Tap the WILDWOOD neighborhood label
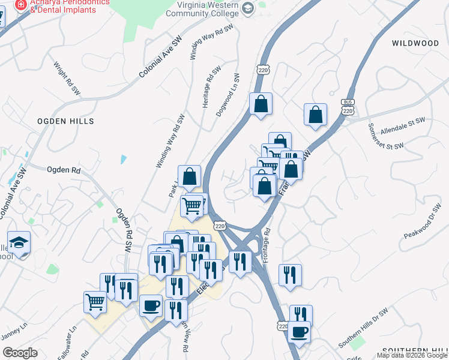click(x=415, y=43)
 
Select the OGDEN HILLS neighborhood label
click(x=65, y=121)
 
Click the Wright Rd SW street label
click(x=67, y=79)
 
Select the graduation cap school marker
click(x=19, y=242)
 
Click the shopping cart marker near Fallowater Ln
click(x=95, y=302)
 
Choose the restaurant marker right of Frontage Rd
click(x=290, y=275)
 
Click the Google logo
click(x=20, y=353)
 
